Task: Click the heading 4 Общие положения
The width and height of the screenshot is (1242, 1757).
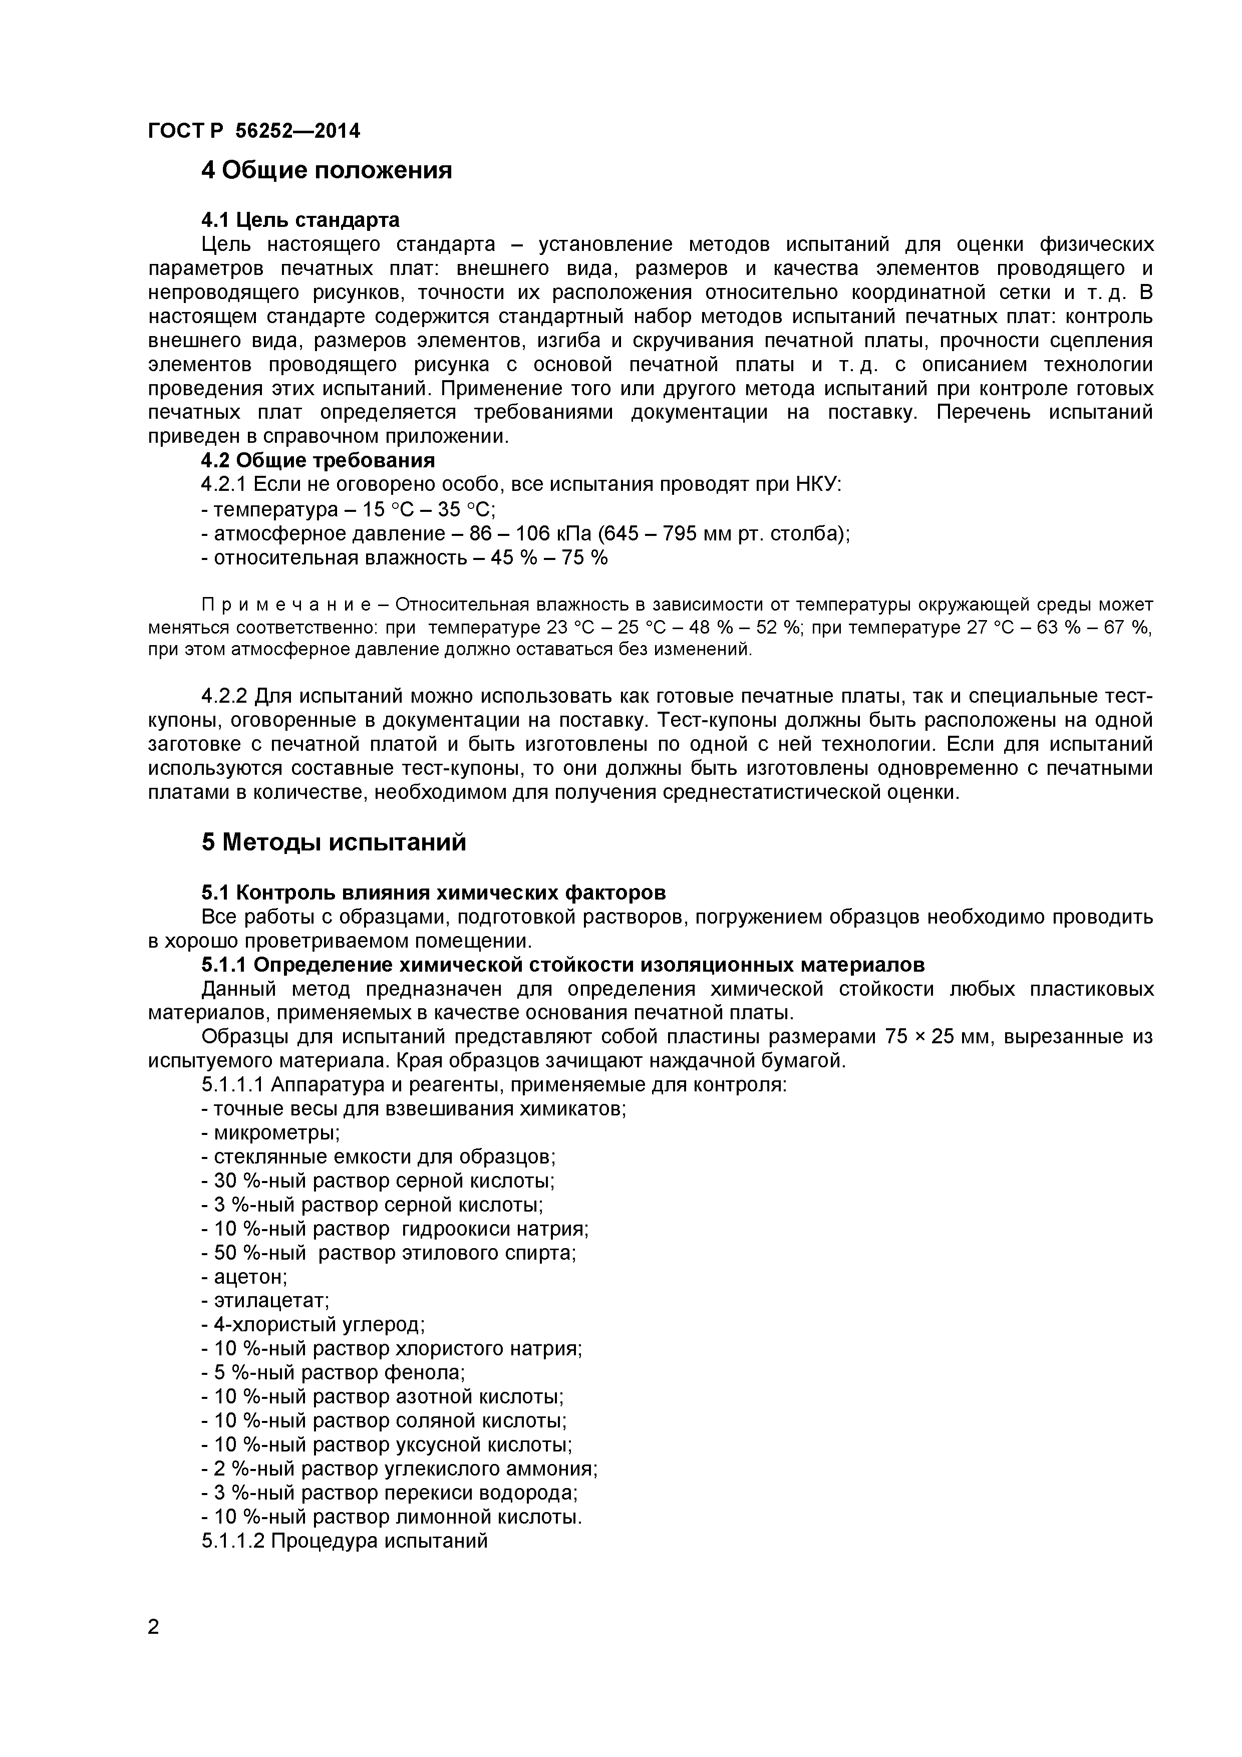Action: pyautogui.click(x=326, y=170)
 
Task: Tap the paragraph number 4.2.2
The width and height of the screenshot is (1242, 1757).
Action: pyautogui.click(x=224, y=696)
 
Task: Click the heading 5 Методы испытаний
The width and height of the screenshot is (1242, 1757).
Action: pyautogui.click(x=334, y=842)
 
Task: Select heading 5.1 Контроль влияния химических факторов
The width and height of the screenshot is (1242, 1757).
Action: pyautogui.click(x=433, y=893)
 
